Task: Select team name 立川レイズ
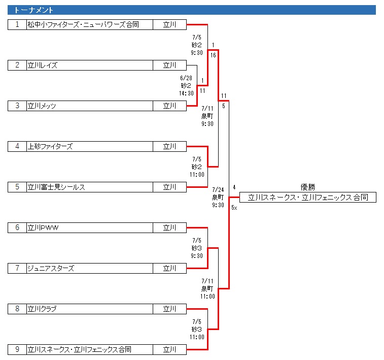point(43,65)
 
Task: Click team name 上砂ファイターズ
point(50,146)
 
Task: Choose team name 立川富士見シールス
point(56,187)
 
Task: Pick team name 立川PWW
point(43,227)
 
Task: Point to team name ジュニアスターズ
point(51,268)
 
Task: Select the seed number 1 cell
point(17,24)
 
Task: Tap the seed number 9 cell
point(17,349)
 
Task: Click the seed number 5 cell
point(17,187)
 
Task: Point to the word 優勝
point(307,187)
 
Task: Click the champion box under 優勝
point(307,198)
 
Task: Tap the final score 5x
point(234,208)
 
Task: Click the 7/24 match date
point(218,190)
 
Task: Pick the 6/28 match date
point(186,78)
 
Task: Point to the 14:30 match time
point(186,93)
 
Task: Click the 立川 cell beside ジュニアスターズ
point(169,268)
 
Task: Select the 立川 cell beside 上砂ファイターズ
point(169,146)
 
